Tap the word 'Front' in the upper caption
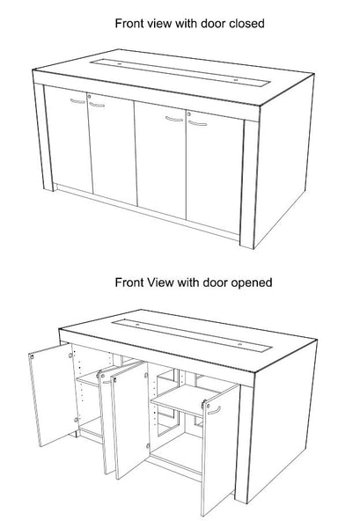click(131, 23)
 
